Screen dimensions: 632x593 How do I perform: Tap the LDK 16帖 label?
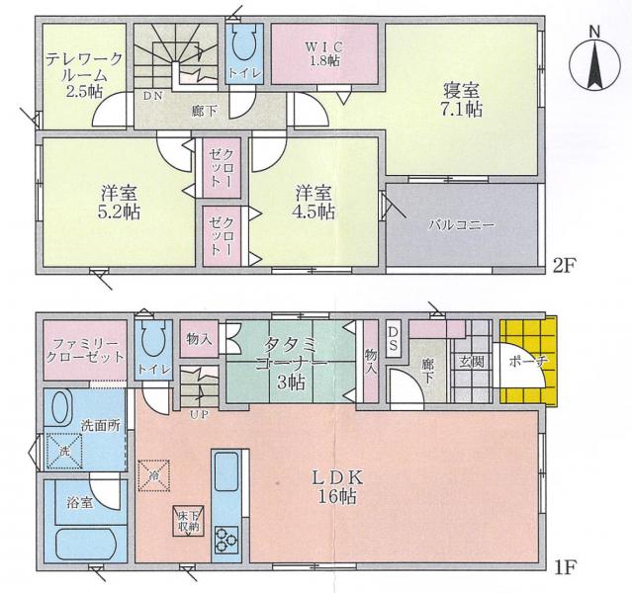click(338, 487)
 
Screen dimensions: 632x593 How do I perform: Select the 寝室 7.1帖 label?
click(462, 100)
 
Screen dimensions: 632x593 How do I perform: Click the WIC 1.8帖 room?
click(324, 53)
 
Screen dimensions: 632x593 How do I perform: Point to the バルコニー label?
click(461, 224)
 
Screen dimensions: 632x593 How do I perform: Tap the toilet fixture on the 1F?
click(153, 338)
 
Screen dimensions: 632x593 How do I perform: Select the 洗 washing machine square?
click(64, 451)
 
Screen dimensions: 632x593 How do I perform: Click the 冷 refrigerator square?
click(154, 475)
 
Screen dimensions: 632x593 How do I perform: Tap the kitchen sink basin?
click(226, 471)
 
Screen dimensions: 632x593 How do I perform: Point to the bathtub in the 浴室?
click(86, 545)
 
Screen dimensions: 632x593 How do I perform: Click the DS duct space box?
click(393, 339)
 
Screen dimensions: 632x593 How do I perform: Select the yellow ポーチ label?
click(528, 361)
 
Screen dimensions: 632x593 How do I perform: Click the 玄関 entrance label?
click(472, 362)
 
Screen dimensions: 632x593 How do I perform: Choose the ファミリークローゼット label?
click(85, 351)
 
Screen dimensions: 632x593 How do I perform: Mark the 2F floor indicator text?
click(565, 266)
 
